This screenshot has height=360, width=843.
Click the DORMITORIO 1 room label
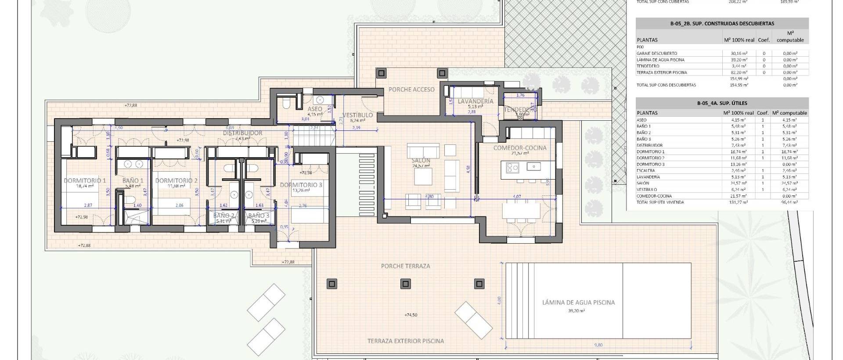click(x=85, y=180)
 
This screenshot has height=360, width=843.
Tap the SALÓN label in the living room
click(x=421, y=160)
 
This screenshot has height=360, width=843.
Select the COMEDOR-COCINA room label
click(x=520, y=148)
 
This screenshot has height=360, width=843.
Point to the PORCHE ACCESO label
click(x=411, y=90)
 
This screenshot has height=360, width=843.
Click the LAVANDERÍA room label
click(x=476, y=101)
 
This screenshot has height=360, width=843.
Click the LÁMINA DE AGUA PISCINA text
click(x=578, y=302)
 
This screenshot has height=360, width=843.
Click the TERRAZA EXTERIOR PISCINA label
click(x=406, y=341)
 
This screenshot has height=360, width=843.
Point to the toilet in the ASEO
click(x=286, y=103)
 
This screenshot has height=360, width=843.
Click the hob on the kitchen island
click(x=512, y=167)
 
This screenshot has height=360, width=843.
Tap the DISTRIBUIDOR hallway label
click(x=242, y=133)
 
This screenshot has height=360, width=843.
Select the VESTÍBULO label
click(x=357, y=115)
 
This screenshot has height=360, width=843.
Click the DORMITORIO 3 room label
click(x=301, y=185)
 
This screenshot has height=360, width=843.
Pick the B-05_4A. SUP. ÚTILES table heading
click(x=722, y=104)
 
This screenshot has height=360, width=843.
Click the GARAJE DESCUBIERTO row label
click(x=656, y=54)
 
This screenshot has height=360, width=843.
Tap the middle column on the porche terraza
click(x=406, y=284)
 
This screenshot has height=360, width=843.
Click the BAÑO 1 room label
click(x=133, y=180)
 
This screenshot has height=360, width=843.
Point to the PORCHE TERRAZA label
click(x=405, y=266)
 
